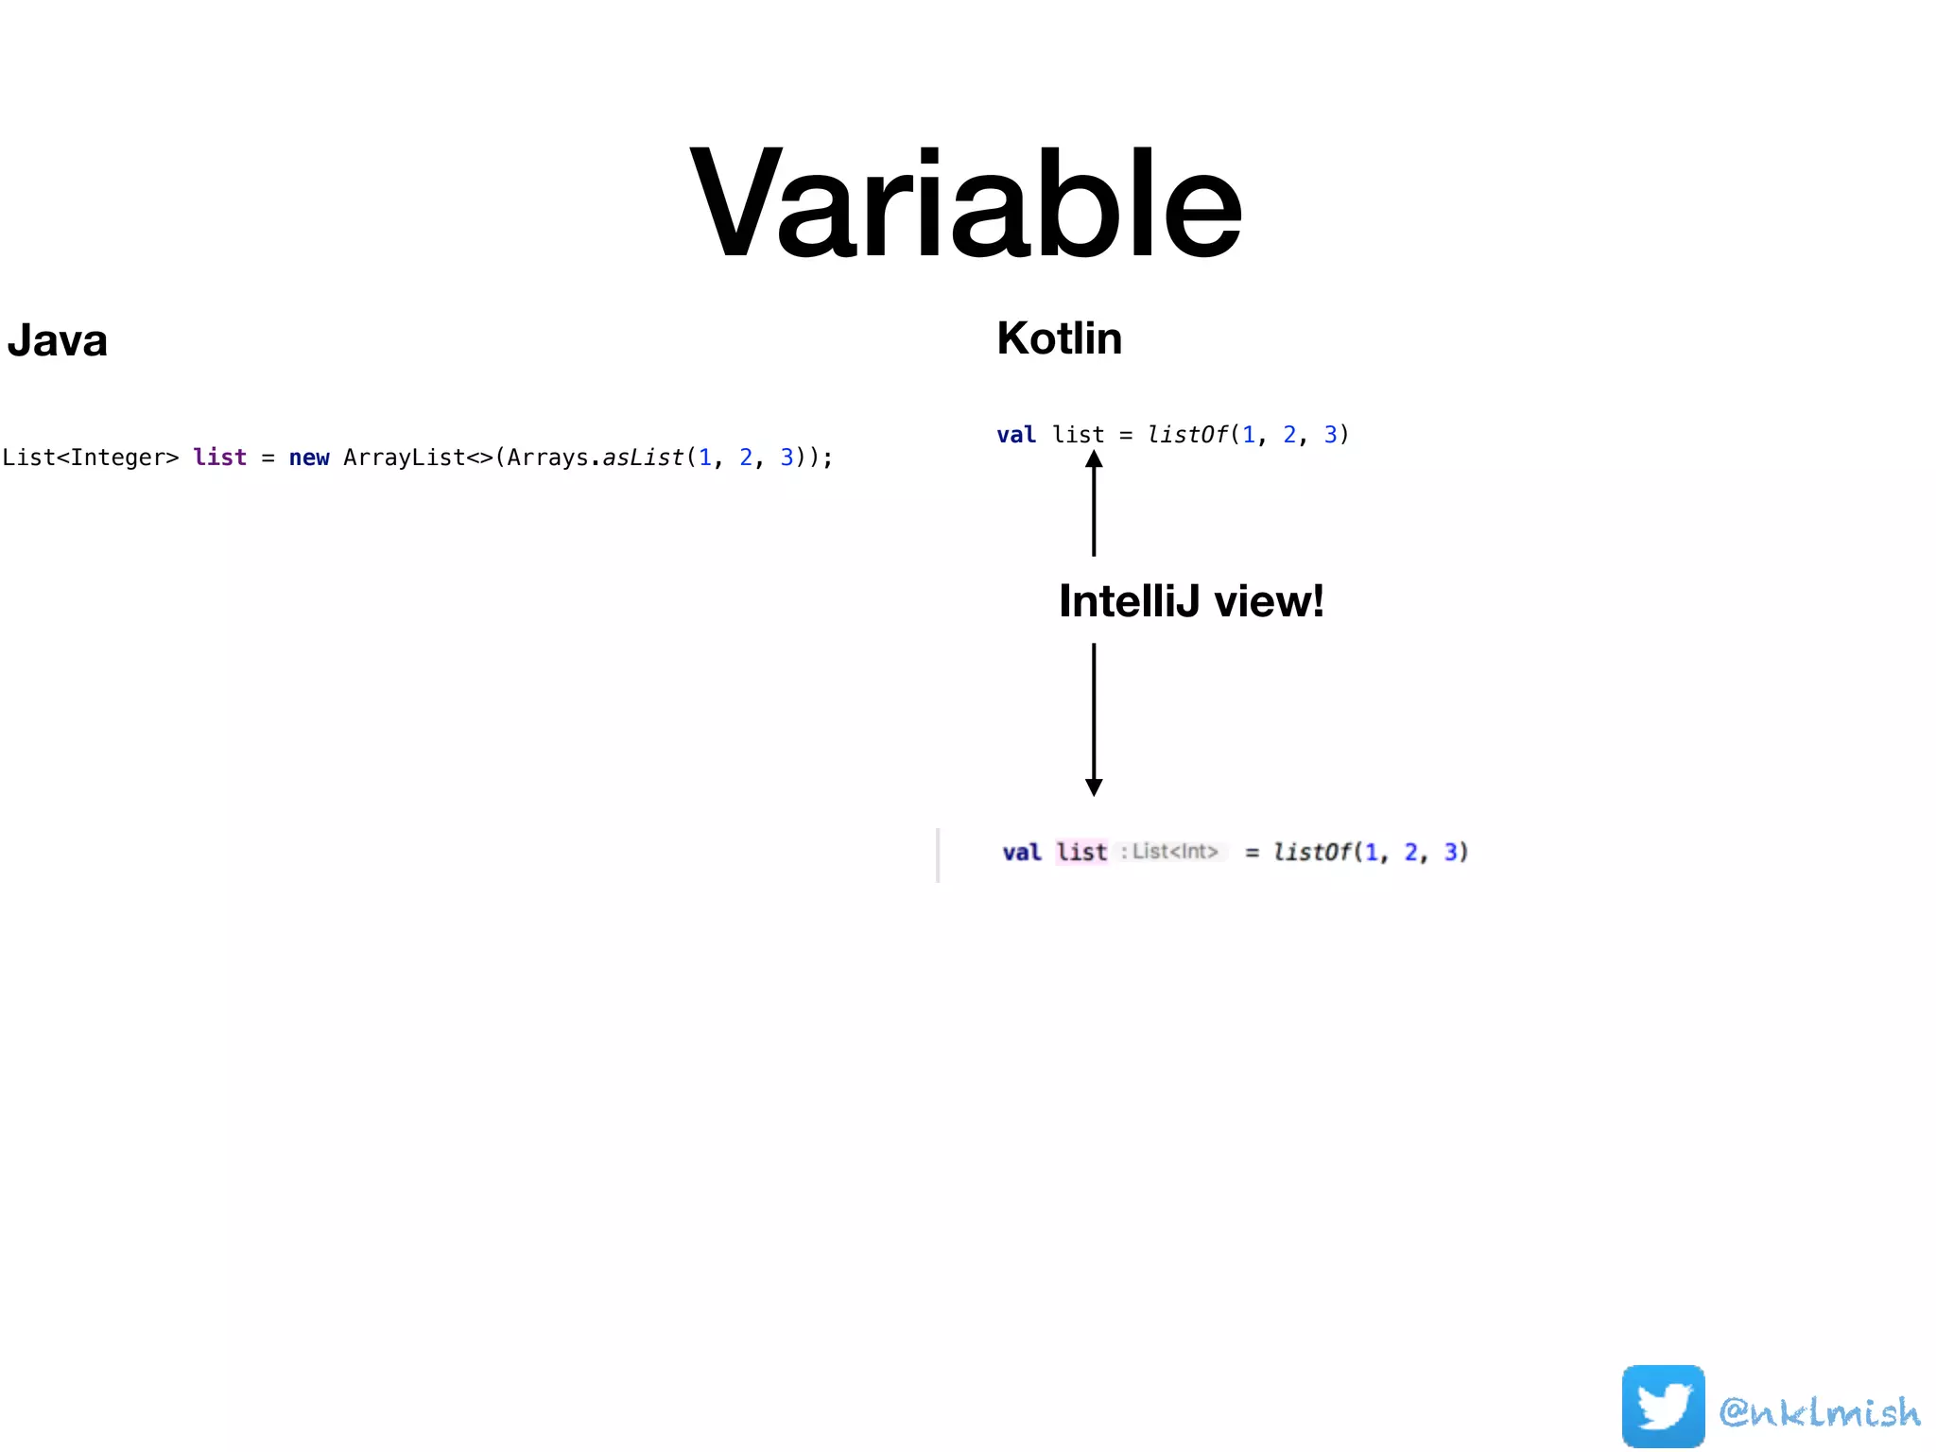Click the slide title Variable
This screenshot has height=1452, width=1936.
click(966, 203)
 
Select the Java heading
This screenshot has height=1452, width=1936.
click(57, 340)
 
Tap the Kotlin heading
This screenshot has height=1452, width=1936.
click(1059, 338)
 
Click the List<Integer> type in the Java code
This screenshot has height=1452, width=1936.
click(90, 458)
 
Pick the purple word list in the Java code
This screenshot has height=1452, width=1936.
click(219, 458)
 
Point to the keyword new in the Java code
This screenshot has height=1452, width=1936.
click(309, 458)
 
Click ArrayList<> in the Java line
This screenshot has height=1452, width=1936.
click(418, 458)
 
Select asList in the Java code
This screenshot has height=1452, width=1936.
click(643, 458)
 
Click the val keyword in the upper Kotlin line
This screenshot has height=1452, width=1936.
click(1016, 435)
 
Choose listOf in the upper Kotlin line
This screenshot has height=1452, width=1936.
click(1187, 435)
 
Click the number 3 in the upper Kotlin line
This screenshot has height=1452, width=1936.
click(1330, 435)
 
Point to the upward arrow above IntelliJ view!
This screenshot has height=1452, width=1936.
click(1094, 501)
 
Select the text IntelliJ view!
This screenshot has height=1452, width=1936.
click(1191, 601)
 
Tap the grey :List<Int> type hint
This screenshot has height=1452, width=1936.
click(1170, 852)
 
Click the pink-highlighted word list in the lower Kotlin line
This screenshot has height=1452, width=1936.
click(1081, 852)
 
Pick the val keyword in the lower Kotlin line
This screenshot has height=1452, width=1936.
click(1022, 852)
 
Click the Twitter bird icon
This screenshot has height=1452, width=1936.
click(1663, 1406)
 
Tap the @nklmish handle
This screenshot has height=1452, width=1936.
click(1820, 1412)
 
